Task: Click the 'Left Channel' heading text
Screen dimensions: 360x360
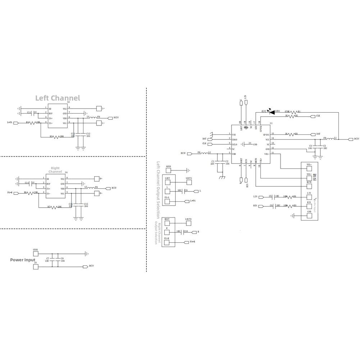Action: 58,98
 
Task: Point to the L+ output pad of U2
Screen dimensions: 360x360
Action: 99,108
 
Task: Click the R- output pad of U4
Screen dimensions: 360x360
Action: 96,193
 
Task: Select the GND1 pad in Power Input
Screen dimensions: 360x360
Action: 35,253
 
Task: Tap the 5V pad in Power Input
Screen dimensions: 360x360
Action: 35,267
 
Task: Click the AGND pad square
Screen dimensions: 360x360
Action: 168,170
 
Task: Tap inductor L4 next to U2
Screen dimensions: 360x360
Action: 92,118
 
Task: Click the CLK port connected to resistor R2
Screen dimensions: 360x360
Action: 313,116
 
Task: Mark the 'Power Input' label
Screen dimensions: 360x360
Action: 23,260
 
